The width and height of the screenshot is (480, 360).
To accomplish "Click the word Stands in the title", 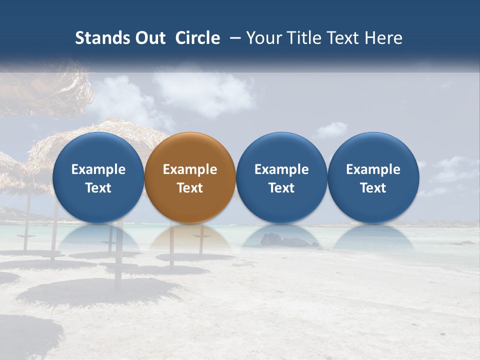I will point(99,38).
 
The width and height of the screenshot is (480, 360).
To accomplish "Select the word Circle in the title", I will point(197,38).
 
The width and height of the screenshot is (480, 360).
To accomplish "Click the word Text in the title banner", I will point(342,38).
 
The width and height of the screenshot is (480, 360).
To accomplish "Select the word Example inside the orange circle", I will point(190,169).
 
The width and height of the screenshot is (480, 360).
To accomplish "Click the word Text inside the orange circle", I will point(190,188).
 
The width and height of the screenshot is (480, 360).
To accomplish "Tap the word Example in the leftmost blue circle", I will point(98,169).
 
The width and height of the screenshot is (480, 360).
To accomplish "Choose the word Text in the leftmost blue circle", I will point(98,188).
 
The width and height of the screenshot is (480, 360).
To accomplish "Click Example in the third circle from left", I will point(281,169).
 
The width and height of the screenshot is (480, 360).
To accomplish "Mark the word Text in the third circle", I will point(281,188).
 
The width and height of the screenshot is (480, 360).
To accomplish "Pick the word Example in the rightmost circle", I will point(373,169).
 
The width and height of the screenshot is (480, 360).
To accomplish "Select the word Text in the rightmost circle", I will point(373,188).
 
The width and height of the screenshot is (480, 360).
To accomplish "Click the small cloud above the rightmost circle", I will point(331,130).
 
